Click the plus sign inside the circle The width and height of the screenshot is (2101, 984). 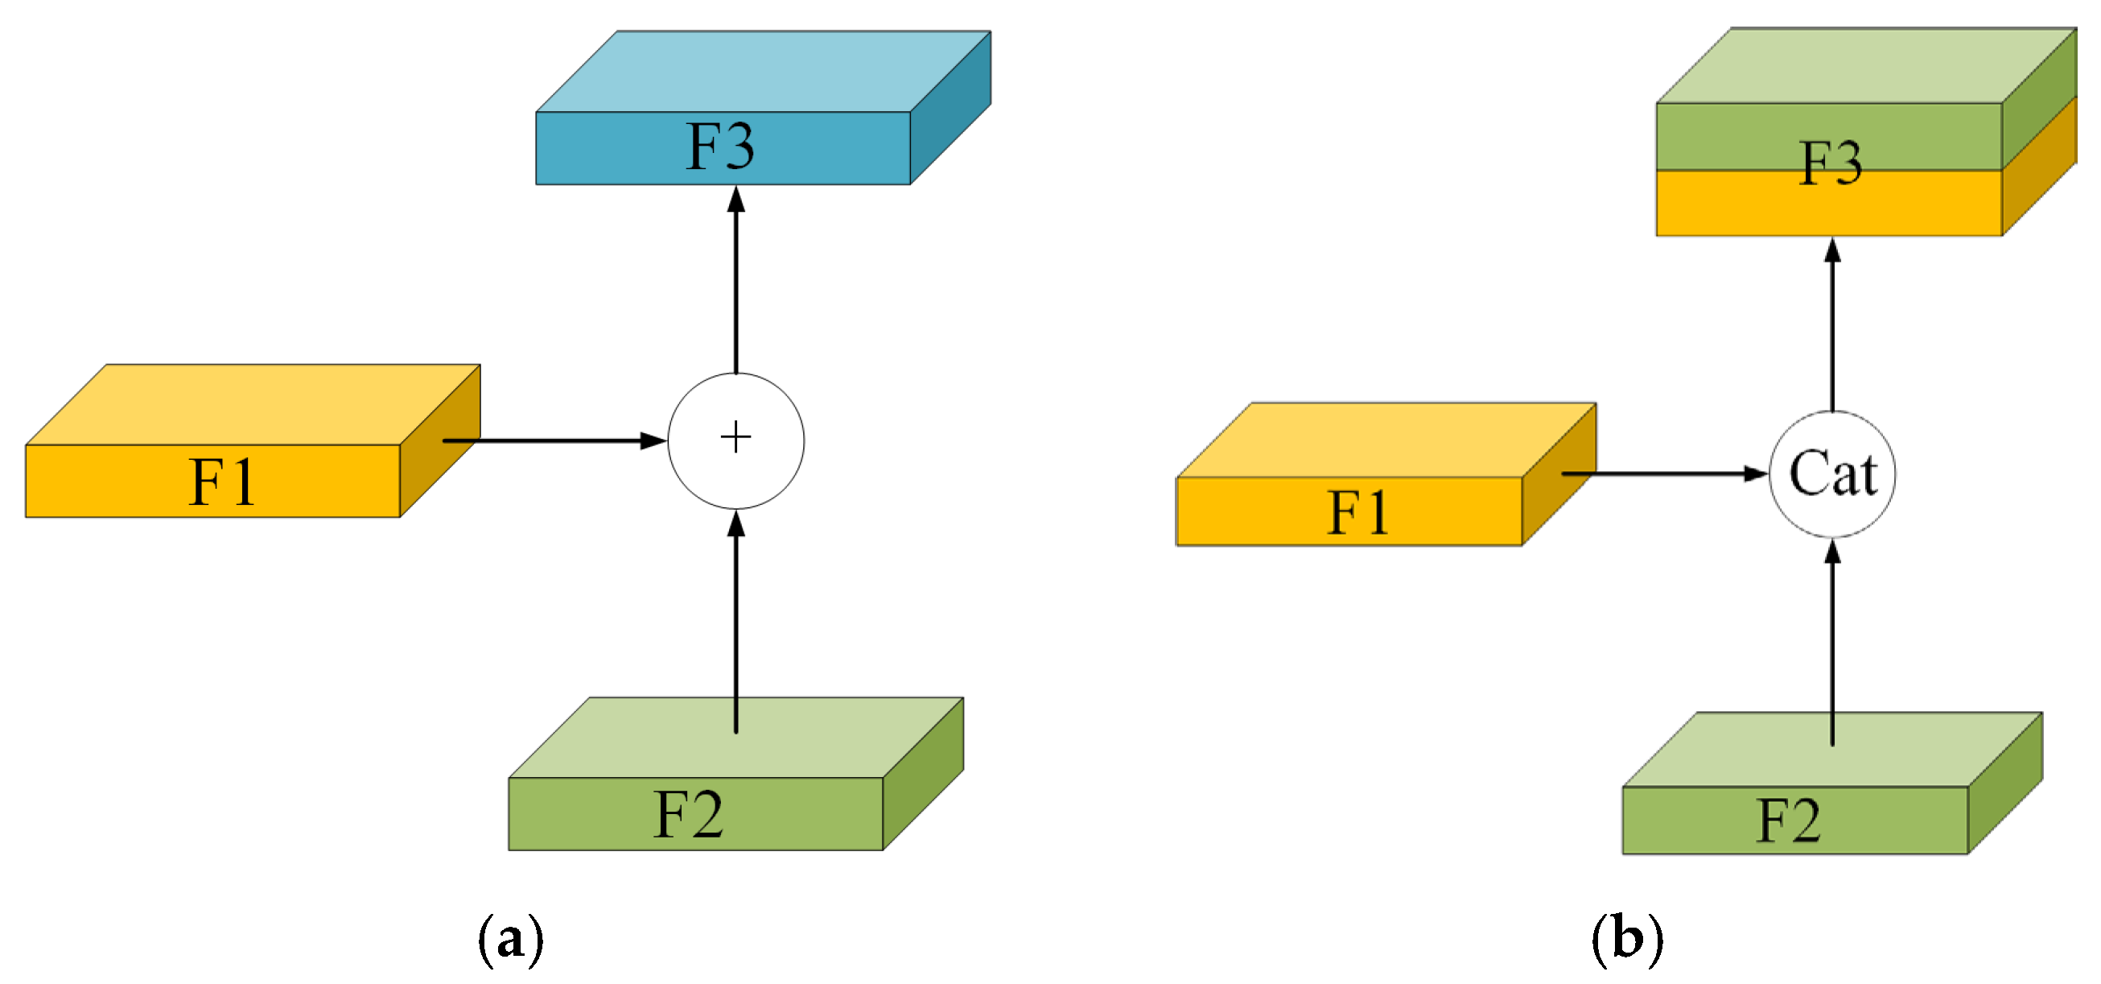pos(735,437)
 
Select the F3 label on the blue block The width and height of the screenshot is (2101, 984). pos(720,147)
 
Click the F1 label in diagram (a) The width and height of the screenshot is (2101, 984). pos(222,482)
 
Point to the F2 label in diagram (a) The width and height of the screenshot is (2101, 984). pos(688,814)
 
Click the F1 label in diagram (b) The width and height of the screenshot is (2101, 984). pos(1358,512)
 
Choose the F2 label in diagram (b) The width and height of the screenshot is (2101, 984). pos(1788,820)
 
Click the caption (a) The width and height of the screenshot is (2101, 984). pos(511,939)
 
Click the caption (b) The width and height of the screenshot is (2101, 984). pos(1627,939)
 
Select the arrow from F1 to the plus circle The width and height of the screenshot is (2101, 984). pos(554,440)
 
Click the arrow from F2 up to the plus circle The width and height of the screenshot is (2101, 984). pos(735,620)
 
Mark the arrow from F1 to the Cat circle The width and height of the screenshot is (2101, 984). pos(1664,473)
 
